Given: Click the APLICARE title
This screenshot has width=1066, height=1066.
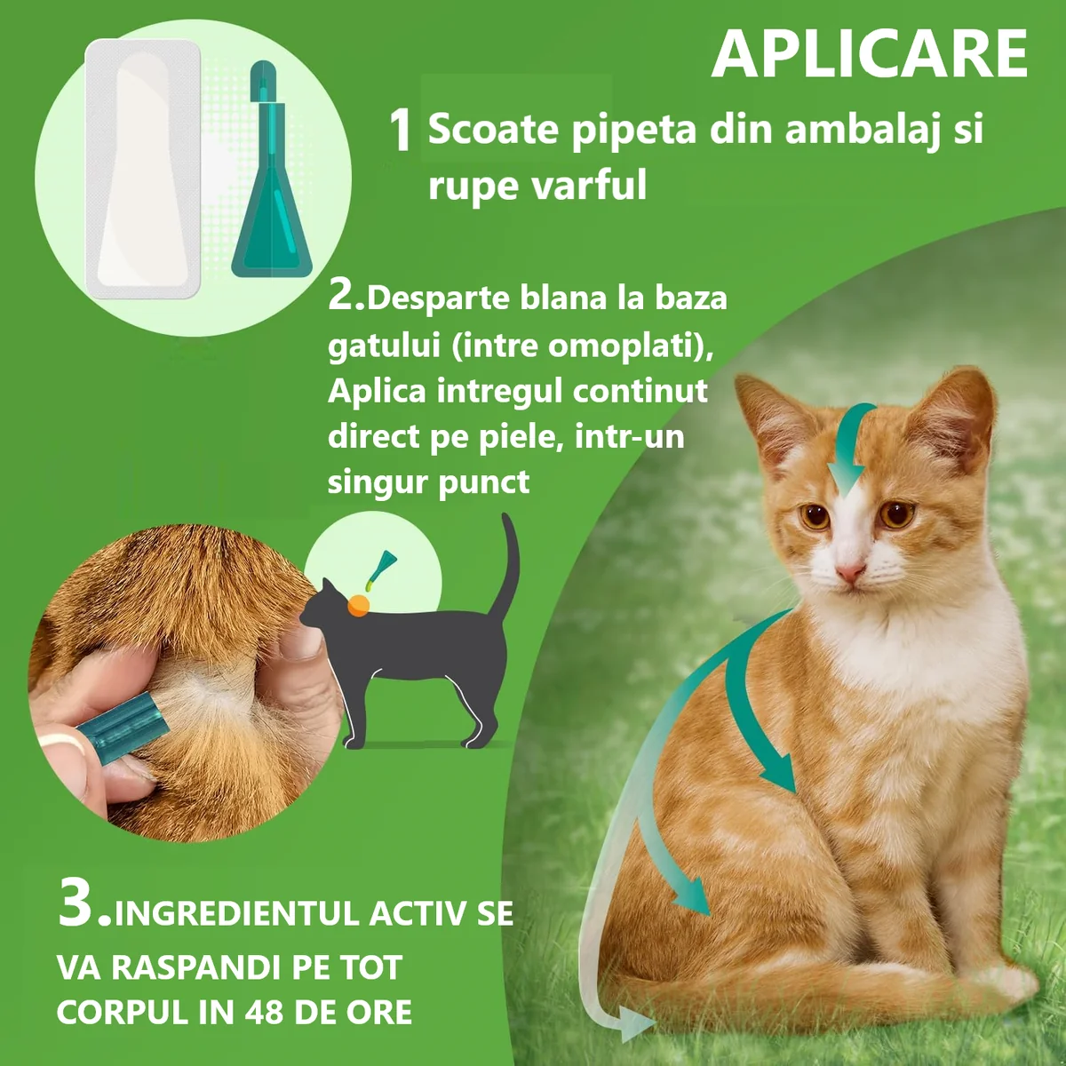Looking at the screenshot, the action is [869, 55].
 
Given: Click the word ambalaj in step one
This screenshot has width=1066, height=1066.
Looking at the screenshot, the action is [862, 131].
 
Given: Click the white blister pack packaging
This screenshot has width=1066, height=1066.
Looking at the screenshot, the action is [143, 170].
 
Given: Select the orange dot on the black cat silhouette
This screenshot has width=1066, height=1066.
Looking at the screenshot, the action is [358, 605].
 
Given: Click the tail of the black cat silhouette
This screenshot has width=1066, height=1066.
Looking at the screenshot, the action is [510, 564].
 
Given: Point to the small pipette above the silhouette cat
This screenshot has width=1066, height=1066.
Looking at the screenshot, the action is [380, 570].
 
